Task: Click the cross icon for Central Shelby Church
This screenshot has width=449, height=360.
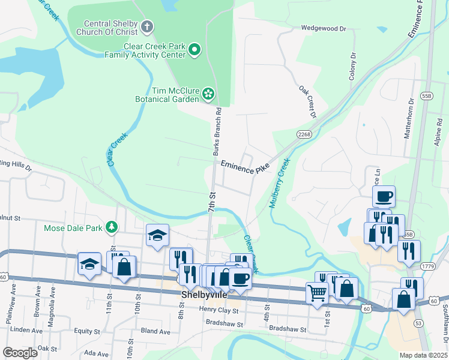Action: click(148, 27)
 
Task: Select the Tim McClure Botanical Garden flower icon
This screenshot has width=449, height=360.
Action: click(208, 94)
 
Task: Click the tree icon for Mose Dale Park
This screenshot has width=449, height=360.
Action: click(111, 227)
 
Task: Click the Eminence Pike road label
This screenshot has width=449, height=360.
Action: click(246, 167)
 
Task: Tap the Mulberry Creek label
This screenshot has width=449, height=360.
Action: click(280, 183)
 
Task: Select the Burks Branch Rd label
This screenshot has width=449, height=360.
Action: click(218, 132)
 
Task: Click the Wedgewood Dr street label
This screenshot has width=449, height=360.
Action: click(324, 28)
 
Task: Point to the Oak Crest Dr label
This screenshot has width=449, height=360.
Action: click(307, 101)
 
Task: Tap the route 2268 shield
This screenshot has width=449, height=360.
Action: click(304, 136)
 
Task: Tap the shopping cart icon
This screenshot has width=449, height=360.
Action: click(316, 293)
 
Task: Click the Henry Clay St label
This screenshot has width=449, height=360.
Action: click(218, 310)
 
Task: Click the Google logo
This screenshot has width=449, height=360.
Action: click(21, 353)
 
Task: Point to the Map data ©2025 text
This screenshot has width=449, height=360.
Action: click(423, 355)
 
